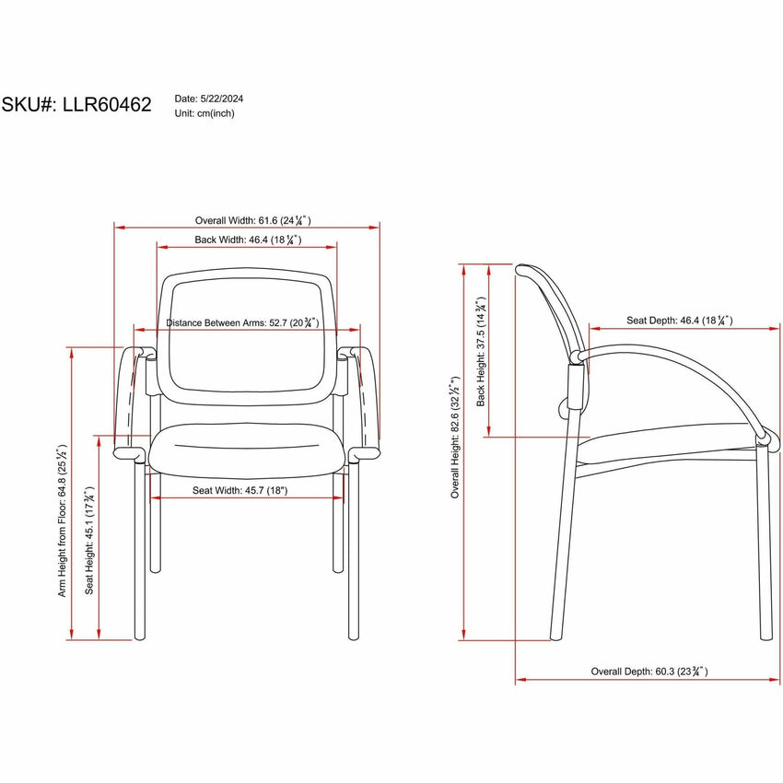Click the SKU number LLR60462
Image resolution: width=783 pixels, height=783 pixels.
coord(107,104)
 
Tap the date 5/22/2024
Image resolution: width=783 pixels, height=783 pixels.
coord(222,99)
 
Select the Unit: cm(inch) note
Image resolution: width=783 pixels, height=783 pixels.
coord(205,113)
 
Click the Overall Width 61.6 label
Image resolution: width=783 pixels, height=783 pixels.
coord(252,220)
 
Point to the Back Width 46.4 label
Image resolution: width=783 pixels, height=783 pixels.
coord(248,240)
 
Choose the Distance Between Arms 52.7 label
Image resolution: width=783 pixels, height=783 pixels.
coord(242,322)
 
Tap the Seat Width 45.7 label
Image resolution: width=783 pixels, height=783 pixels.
coord(240,490)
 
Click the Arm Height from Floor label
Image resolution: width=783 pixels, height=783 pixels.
coord(62,520)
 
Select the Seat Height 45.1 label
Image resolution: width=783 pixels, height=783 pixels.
coord(88,540)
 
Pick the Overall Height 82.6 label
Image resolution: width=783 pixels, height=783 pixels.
coord(455,438)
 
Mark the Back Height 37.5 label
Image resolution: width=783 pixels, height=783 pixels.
coord(480,352)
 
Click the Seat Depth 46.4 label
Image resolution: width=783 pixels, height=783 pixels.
coord(680,320)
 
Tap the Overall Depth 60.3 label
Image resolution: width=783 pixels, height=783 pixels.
coord(649,672)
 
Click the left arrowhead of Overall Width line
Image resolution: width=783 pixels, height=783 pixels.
coord(120,228)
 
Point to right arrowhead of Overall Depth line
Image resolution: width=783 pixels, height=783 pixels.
coord(775,680)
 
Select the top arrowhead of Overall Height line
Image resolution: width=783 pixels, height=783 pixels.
coord(464,270)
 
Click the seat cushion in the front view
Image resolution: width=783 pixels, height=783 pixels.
coord(246,450)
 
